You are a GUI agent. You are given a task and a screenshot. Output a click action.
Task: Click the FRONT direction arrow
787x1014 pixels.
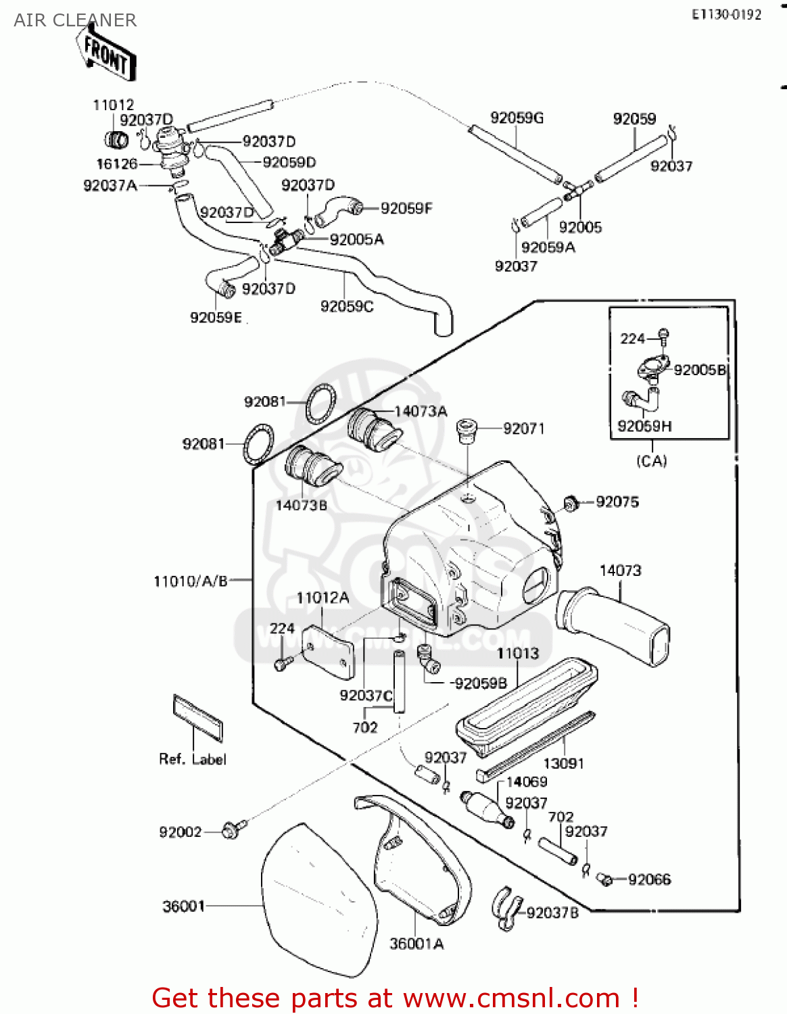(106, 54)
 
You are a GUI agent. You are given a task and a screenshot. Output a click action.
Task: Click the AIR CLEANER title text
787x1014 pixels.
(75, 20)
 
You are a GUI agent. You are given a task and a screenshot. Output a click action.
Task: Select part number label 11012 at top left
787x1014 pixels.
(114, 105)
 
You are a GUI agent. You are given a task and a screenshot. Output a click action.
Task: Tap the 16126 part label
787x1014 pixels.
(116, 164)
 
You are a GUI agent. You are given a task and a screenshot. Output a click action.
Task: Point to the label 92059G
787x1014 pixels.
(517, 118)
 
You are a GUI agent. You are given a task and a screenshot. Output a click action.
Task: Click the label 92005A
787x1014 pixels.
(356, 239)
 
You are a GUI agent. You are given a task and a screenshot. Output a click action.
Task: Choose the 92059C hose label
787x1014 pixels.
(347, 307)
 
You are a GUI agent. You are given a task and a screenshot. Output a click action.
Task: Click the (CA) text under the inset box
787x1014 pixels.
(652, 461)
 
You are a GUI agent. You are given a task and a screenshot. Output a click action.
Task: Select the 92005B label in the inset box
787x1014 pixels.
(699, 370)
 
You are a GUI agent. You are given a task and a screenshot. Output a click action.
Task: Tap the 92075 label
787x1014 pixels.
(617, 502)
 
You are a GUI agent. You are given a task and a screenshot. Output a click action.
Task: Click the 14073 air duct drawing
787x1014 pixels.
(615, 625)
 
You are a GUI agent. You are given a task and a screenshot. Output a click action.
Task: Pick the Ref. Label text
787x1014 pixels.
(193, 759)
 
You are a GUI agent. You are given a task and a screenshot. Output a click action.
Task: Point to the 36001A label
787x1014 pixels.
(416, 944)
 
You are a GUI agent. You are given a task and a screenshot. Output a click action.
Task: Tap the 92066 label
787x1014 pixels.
(649, 879)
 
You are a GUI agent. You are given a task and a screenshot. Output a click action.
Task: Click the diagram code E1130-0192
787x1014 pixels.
(726, 15)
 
